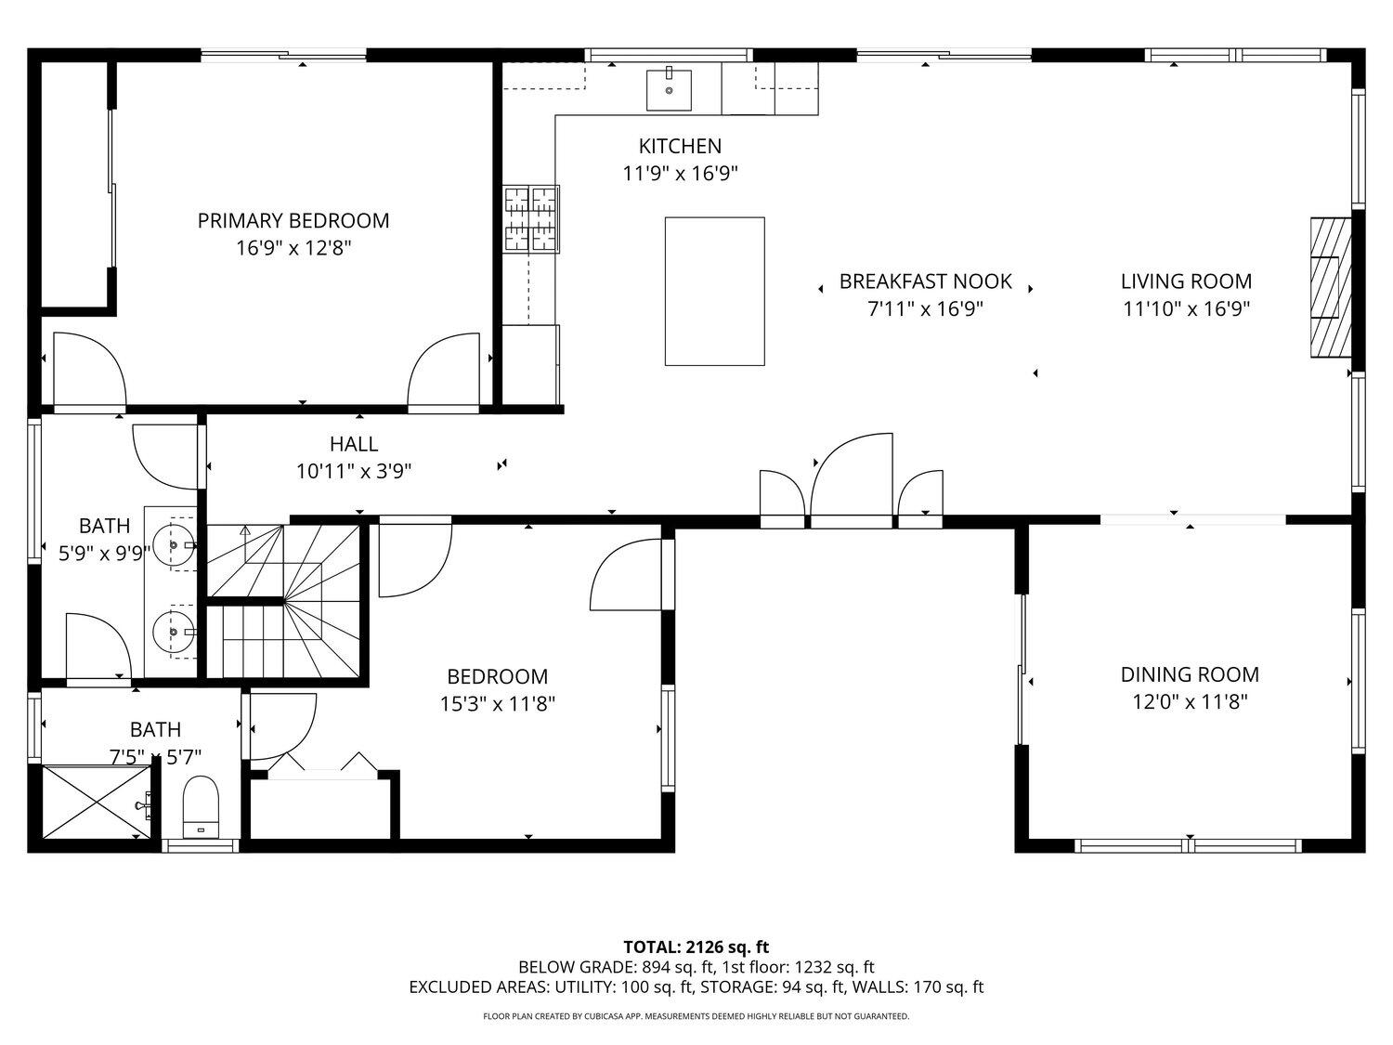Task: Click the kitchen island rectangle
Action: (x=714, y=291)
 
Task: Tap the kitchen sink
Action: (x=669, y=88)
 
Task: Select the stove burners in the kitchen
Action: (x=531, y=218)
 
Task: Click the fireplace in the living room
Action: (x=1330, y=287)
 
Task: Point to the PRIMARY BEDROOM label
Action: (x=293, y=220)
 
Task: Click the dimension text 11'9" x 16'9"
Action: (x=680, y=173)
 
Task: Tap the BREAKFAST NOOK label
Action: (x=925, y=281)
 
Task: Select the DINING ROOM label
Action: (x=1190, y=674)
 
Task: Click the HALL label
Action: (x=353, y=444)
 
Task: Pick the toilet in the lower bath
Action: (x=200, y=806)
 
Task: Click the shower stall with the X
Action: (x=97, y=802)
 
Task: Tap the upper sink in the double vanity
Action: (x=173, y=544)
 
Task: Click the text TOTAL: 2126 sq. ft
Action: (x=696, y=947)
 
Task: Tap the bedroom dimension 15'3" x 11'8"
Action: (x=497, y=704)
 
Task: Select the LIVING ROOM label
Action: (x=1186, y=281)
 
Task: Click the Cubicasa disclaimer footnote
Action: (x=696, y=1016)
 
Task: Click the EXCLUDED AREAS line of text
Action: (x=696, y=987)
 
